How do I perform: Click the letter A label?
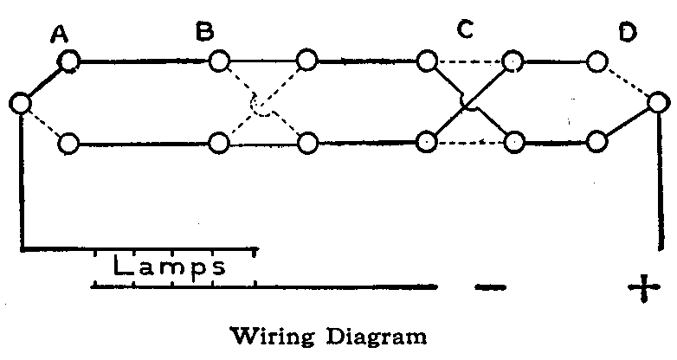click(59, 34)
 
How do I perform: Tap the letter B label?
click(205, 33)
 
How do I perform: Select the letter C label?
click(465, 30)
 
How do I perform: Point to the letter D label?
click(628, 33)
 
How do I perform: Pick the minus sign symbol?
click(490, 289)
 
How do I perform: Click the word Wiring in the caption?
click(280, 335)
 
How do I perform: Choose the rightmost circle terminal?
click(658, 104)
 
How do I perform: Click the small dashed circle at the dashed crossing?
click(260, 106)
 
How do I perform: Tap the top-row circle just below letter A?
click(69, 61)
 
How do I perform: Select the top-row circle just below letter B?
click(220, 61)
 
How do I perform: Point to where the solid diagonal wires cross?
click(466, 106)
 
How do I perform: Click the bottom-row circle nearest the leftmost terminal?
click(69, 143)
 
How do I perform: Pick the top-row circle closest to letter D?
click(596, 61)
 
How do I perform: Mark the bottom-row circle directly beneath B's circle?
click(220, 143)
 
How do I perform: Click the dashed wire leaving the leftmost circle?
click(43, 123)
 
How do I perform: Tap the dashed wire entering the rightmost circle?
click(629, 83)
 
